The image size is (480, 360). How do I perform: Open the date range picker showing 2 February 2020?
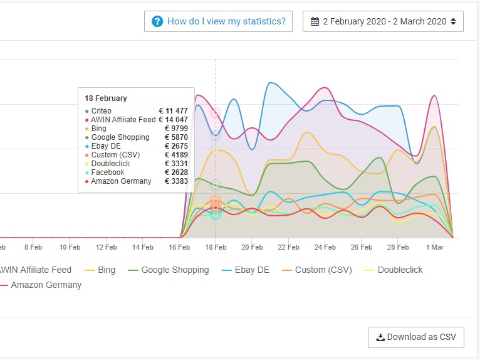click(383, 21)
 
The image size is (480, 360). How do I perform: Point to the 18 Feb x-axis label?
click(216, 247)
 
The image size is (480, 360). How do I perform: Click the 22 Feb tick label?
click(288, 247)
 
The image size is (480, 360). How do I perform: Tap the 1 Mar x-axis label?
click(434, 247)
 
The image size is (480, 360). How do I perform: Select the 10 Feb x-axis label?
click(70, 247)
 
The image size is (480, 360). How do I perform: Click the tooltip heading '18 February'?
click(106, 98)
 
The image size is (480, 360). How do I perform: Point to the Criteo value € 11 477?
click(173, 111)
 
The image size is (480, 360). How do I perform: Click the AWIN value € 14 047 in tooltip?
click(173, 120)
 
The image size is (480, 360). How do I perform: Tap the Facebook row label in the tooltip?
click(108, 172)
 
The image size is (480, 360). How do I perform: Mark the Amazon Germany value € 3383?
click(175, 181)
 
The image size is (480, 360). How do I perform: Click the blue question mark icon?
click(157, 21)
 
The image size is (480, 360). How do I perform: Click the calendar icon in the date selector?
click(315, 21)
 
